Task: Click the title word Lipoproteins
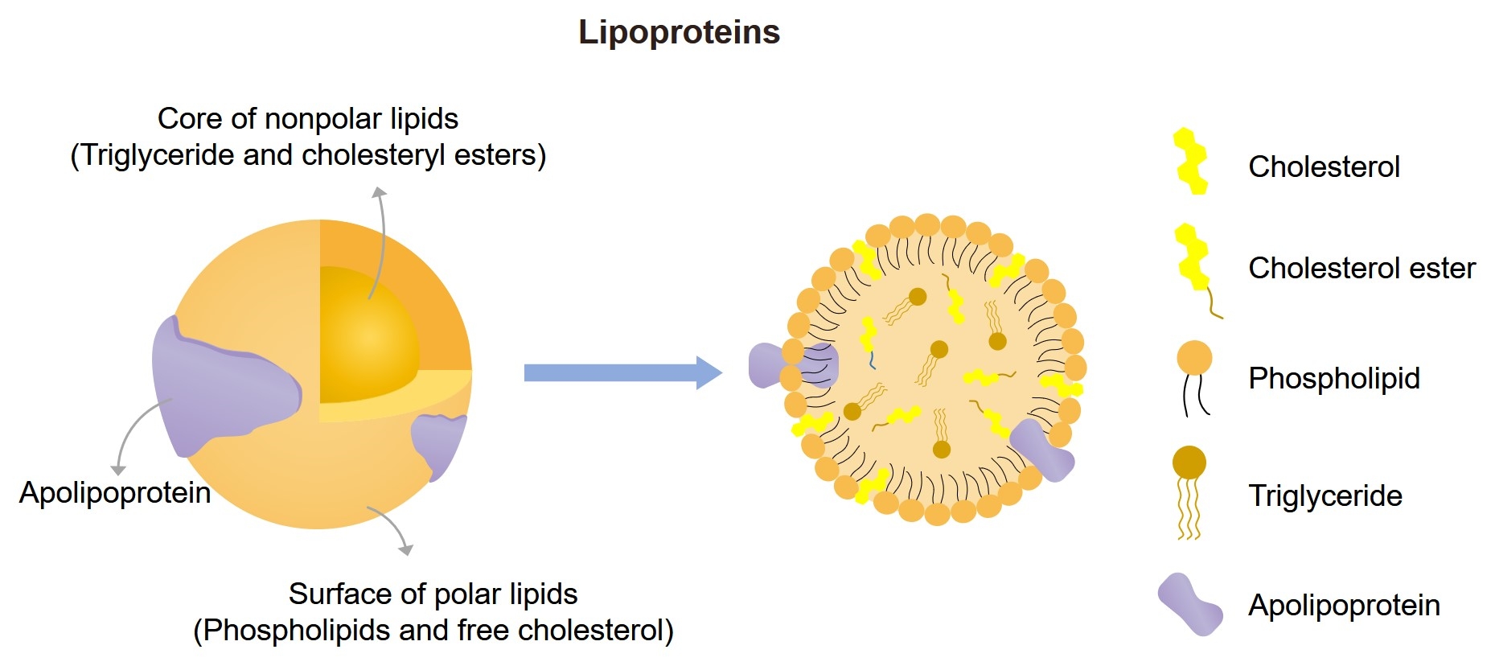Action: [x=679, y=33]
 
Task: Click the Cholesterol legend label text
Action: [x=1324, y=167]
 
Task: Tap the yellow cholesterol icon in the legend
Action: [x=1191, y=162]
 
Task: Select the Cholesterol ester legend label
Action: [x=1362, y=269]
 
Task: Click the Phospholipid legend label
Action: [x=1333, y=379]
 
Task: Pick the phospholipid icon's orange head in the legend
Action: [x=1194, y=358]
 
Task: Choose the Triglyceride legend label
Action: [x=1325, y=496]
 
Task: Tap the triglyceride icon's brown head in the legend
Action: [x=1189, y=463]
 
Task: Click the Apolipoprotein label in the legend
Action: [x=1344, y=606]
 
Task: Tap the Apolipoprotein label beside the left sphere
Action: [x=115, y=493]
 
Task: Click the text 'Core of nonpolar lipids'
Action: [x=307, y=119]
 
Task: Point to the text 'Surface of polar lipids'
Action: [x=433, y=594]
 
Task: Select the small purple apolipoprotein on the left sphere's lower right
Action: [x=438, y=443]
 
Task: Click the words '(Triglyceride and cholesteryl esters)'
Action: [x=308, y=155]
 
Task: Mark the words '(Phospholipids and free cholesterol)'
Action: [x=433, y=631]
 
